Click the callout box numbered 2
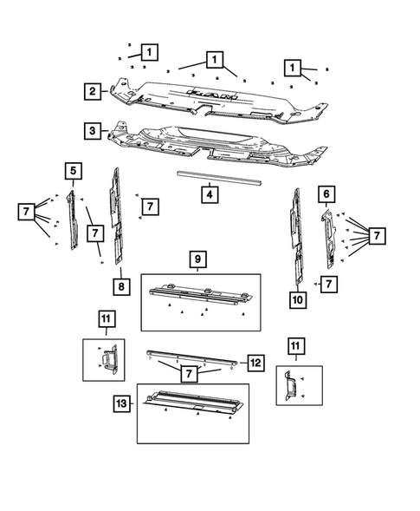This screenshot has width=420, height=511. click(91, 90)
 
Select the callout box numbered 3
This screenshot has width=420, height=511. click(91, 131)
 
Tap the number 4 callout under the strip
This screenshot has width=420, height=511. click(209, 195)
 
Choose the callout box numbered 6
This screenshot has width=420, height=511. click(326, 195)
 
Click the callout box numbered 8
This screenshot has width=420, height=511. click(121, 285)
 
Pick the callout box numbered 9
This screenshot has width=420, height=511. click(197, 259)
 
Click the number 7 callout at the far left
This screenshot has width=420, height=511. click(26, 211)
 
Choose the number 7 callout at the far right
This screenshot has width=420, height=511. click(377, 235)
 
